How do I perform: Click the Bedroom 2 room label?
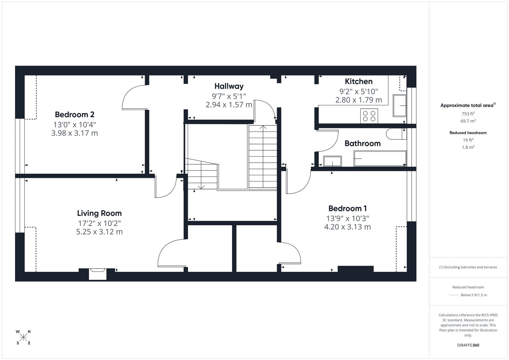click(x=75, y=115)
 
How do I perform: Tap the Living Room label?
click(x=99, y=213)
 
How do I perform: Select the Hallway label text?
click(x=229, y=86)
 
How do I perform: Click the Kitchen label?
click(x=359, y=81)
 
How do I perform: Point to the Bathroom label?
click(x=362, y=143)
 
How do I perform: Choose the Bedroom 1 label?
click(x=347, y=208)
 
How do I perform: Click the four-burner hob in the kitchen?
click(x=369, y=116)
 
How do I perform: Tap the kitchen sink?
click(x=400, y=106)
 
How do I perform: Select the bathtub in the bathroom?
click(x=380, y=158)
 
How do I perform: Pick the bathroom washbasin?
click(x=332, y=161)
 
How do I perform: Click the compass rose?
click(x=23, y=337)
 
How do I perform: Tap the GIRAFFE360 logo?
click(x=468, y=345)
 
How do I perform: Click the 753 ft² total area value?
click(x=468, y=114)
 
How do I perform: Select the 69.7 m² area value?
click(x=468, y=121)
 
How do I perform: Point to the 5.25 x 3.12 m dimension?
click(x=99, y=232)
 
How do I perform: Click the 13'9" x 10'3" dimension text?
click(x=347, y=218)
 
